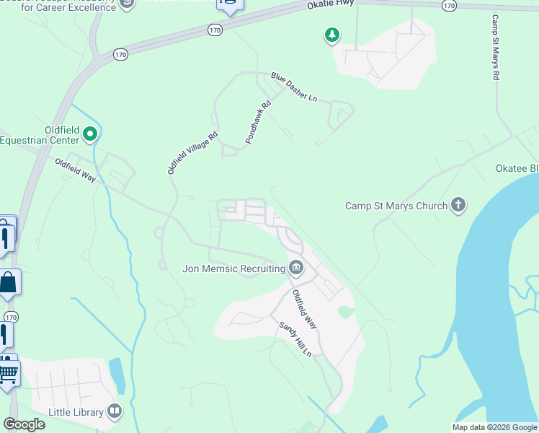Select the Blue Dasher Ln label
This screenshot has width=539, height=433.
pyautogui.click(x=294, y=87)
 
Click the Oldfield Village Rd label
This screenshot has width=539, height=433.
pyautogui.click(x=192, y=152)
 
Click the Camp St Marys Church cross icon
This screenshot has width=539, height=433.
pyautogui.click(x=458, y=206)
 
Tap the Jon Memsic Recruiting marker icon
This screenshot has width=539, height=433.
pyautogui.click(x=296, y=268)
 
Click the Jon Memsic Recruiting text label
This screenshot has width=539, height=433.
pyautogui.click(x=233, y=268)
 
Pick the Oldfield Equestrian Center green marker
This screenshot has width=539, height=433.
pyautogui.click(x=90, y=134)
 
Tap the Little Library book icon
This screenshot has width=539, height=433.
pyautogui.click(x=115, y=411)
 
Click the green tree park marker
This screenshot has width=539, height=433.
pyautogui.click(x=331, y=35)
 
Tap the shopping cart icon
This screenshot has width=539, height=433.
pyautogui.click(x=7, y=375)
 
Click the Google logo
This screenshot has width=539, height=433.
pyautogui.click(x=24, y=424)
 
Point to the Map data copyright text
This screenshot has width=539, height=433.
pyautogui.click(x=494, y=427)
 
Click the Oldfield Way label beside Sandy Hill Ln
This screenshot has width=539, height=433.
pyautogui.click(x=304, y=310)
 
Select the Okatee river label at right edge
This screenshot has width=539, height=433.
pyautogui.click(x=517, y=168)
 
